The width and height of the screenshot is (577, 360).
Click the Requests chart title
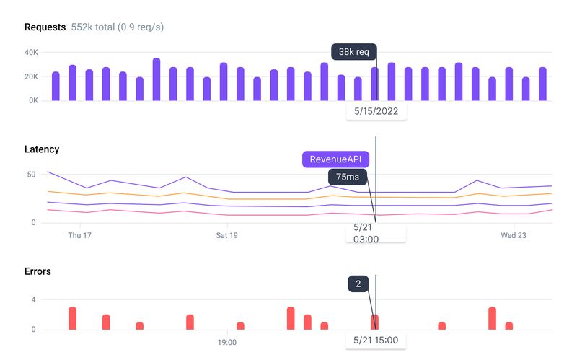click(45, 27)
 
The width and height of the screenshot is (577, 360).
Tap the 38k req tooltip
click(353, 52)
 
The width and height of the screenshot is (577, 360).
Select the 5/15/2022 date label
click(376, 111)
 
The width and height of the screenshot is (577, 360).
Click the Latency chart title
click(42, 149)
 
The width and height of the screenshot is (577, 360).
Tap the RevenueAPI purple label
click(335, 159)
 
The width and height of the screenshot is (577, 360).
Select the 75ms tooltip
click(349, 177)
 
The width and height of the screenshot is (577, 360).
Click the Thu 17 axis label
click(79, 235)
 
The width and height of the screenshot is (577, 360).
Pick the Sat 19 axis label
click(226, 235)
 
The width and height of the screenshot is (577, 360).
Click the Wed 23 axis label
click(514, 235)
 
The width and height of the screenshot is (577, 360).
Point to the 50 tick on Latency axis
click(30, 175)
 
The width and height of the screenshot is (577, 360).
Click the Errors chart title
click(38, 271)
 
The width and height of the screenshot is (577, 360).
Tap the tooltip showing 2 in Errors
click(358, 284)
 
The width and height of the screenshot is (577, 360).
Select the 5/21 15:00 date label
click(376, 340)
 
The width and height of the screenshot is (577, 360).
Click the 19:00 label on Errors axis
click(227, 343)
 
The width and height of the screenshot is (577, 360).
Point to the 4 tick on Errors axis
click(33, 299)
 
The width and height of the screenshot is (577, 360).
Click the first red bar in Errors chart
click(72, 318)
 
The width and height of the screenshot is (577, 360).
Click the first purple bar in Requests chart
click(56, 86)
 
